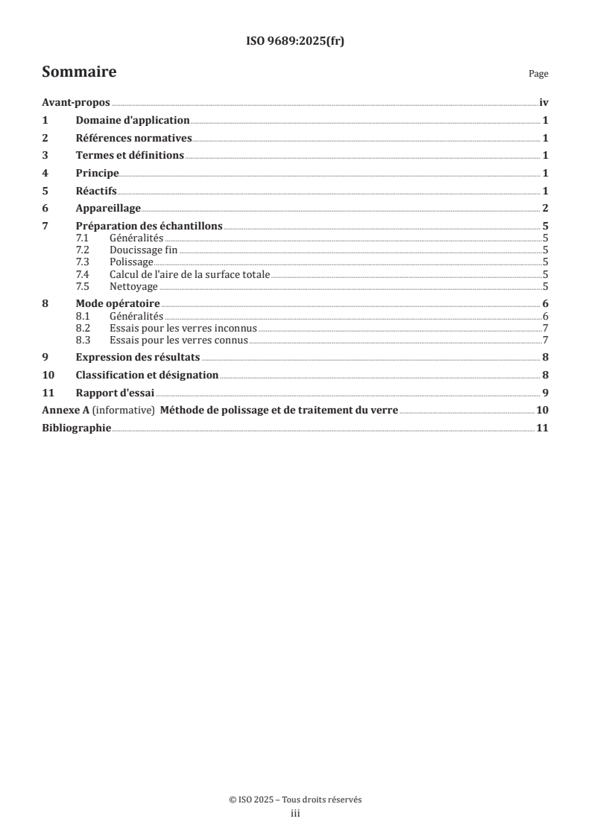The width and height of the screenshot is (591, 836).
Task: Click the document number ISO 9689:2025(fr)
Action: [295, 42]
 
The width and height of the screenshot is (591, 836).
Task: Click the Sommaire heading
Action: [79, 72]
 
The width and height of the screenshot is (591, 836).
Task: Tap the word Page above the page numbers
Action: [538, 74]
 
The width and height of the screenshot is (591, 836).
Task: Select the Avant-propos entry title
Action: [76, 103]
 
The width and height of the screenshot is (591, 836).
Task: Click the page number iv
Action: [544, 103]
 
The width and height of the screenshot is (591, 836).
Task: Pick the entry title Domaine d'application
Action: [133, 120]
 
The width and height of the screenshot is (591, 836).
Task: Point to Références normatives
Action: [134, 138]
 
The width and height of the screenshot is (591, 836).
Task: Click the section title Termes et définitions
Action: [130, 155]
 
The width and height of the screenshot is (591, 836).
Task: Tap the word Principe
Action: [98, 173]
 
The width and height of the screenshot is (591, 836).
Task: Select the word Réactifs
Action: [97, 190]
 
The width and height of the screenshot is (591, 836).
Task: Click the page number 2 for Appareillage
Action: [546, 207]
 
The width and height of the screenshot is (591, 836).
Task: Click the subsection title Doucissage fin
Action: [143, 250]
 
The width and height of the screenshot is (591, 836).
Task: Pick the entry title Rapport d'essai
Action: [115, 393]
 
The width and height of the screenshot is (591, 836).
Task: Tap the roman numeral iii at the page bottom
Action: [295, 814]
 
